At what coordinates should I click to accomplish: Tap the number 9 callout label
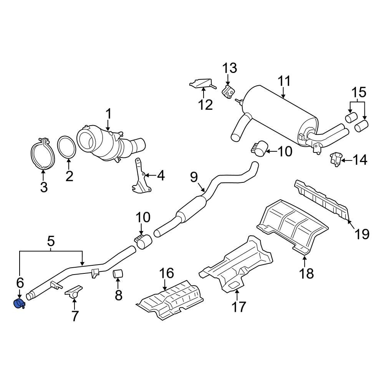point(194,177)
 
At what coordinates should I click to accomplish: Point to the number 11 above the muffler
point(284,81)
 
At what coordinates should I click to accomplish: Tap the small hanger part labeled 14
point(336,158)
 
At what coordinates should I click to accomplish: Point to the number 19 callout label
point(362,233)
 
